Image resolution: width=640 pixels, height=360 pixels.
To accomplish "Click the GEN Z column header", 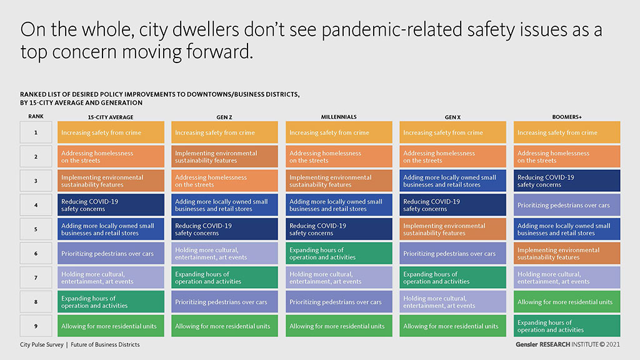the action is (x=224, y=117).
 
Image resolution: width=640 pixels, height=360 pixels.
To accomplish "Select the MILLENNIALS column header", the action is (x=339, y=117).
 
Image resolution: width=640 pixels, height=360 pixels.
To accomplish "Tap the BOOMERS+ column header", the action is (x=567, y=117).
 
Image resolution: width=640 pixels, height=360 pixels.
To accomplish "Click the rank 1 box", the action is (x=36, y=132).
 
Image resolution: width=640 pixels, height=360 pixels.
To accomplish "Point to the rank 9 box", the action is (x=36, y=326).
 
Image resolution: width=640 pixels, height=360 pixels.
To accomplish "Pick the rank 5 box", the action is (x=36, y=229).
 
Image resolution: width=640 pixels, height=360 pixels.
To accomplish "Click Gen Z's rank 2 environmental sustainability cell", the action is (x=224, y=156).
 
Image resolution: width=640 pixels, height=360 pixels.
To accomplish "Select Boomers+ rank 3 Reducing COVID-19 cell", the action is (x=567, y=181).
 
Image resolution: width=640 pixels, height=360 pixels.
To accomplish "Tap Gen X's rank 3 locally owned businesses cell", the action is (x=452, y=181).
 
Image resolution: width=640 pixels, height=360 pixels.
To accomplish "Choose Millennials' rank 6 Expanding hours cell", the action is (x=339, y=253).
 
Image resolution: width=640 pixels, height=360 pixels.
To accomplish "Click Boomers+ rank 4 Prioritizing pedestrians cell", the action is (x=567, y=205).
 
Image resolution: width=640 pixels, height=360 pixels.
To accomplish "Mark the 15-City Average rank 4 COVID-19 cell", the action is (x=111, y=205).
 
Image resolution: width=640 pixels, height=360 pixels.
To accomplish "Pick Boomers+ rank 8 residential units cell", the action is (x=567, y=302).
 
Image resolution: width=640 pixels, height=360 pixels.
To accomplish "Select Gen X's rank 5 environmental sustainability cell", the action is (x=452, y=229).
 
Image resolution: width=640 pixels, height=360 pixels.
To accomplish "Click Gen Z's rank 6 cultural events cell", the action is (x=224, y=253).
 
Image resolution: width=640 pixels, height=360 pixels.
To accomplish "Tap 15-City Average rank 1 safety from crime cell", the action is (x=111, y=132).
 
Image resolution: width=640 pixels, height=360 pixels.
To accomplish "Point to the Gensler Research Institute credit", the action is (x=567, y=344).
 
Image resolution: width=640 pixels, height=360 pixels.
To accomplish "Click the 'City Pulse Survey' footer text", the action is (x=42, y=345).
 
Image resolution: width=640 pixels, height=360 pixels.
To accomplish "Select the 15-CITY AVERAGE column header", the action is (x=111, y=117).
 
